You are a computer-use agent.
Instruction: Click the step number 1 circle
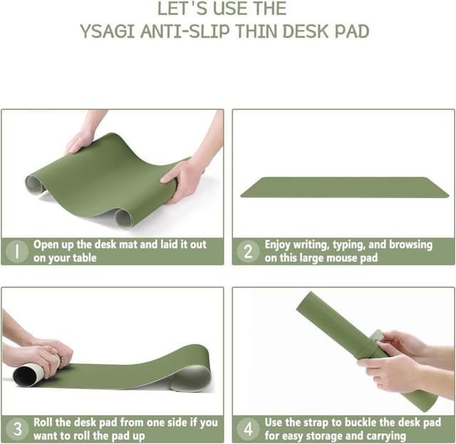[x=16, y=251]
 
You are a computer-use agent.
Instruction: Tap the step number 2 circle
[x=248, y=251]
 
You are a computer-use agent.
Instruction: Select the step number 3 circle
[x=16, y=429]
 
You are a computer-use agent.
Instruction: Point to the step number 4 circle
[x=248, y=429]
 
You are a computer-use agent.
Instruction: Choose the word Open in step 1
[x=48, y=244]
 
